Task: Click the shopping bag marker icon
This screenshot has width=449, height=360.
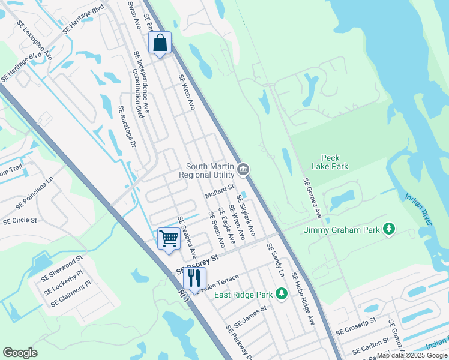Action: click(x=160, y=43)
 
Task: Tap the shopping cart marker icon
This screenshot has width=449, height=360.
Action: click(x=169, y=238)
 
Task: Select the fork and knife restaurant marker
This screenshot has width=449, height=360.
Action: click(x=194, y=278)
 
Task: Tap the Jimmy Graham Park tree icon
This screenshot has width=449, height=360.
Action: click(x=390, y=229)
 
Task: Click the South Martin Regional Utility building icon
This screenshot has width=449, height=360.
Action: click(x=243, y=170)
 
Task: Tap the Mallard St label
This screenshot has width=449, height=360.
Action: click(x=219, y=191)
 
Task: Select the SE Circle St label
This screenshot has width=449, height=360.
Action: click(x=20, y=221)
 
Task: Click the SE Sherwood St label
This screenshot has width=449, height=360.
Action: click(x=62, y=269)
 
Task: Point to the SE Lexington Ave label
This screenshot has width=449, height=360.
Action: click(x=35, y=40)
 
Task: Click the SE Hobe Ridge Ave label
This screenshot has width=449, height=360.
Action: click(x=303, y=298)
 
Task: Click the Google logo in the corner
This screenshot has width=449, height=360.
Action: click(x=20, y=353)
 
